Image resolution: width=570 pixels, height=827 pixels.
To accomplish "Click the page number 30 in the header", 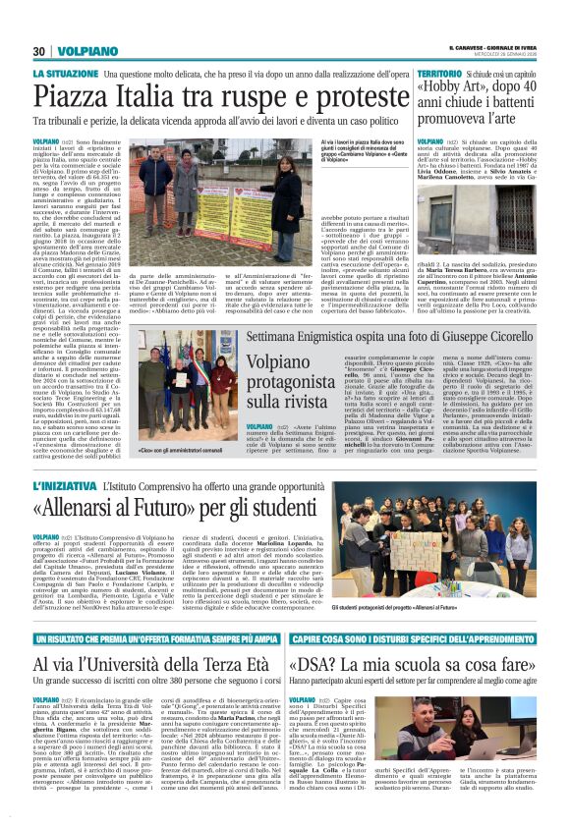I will (40, 51).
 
